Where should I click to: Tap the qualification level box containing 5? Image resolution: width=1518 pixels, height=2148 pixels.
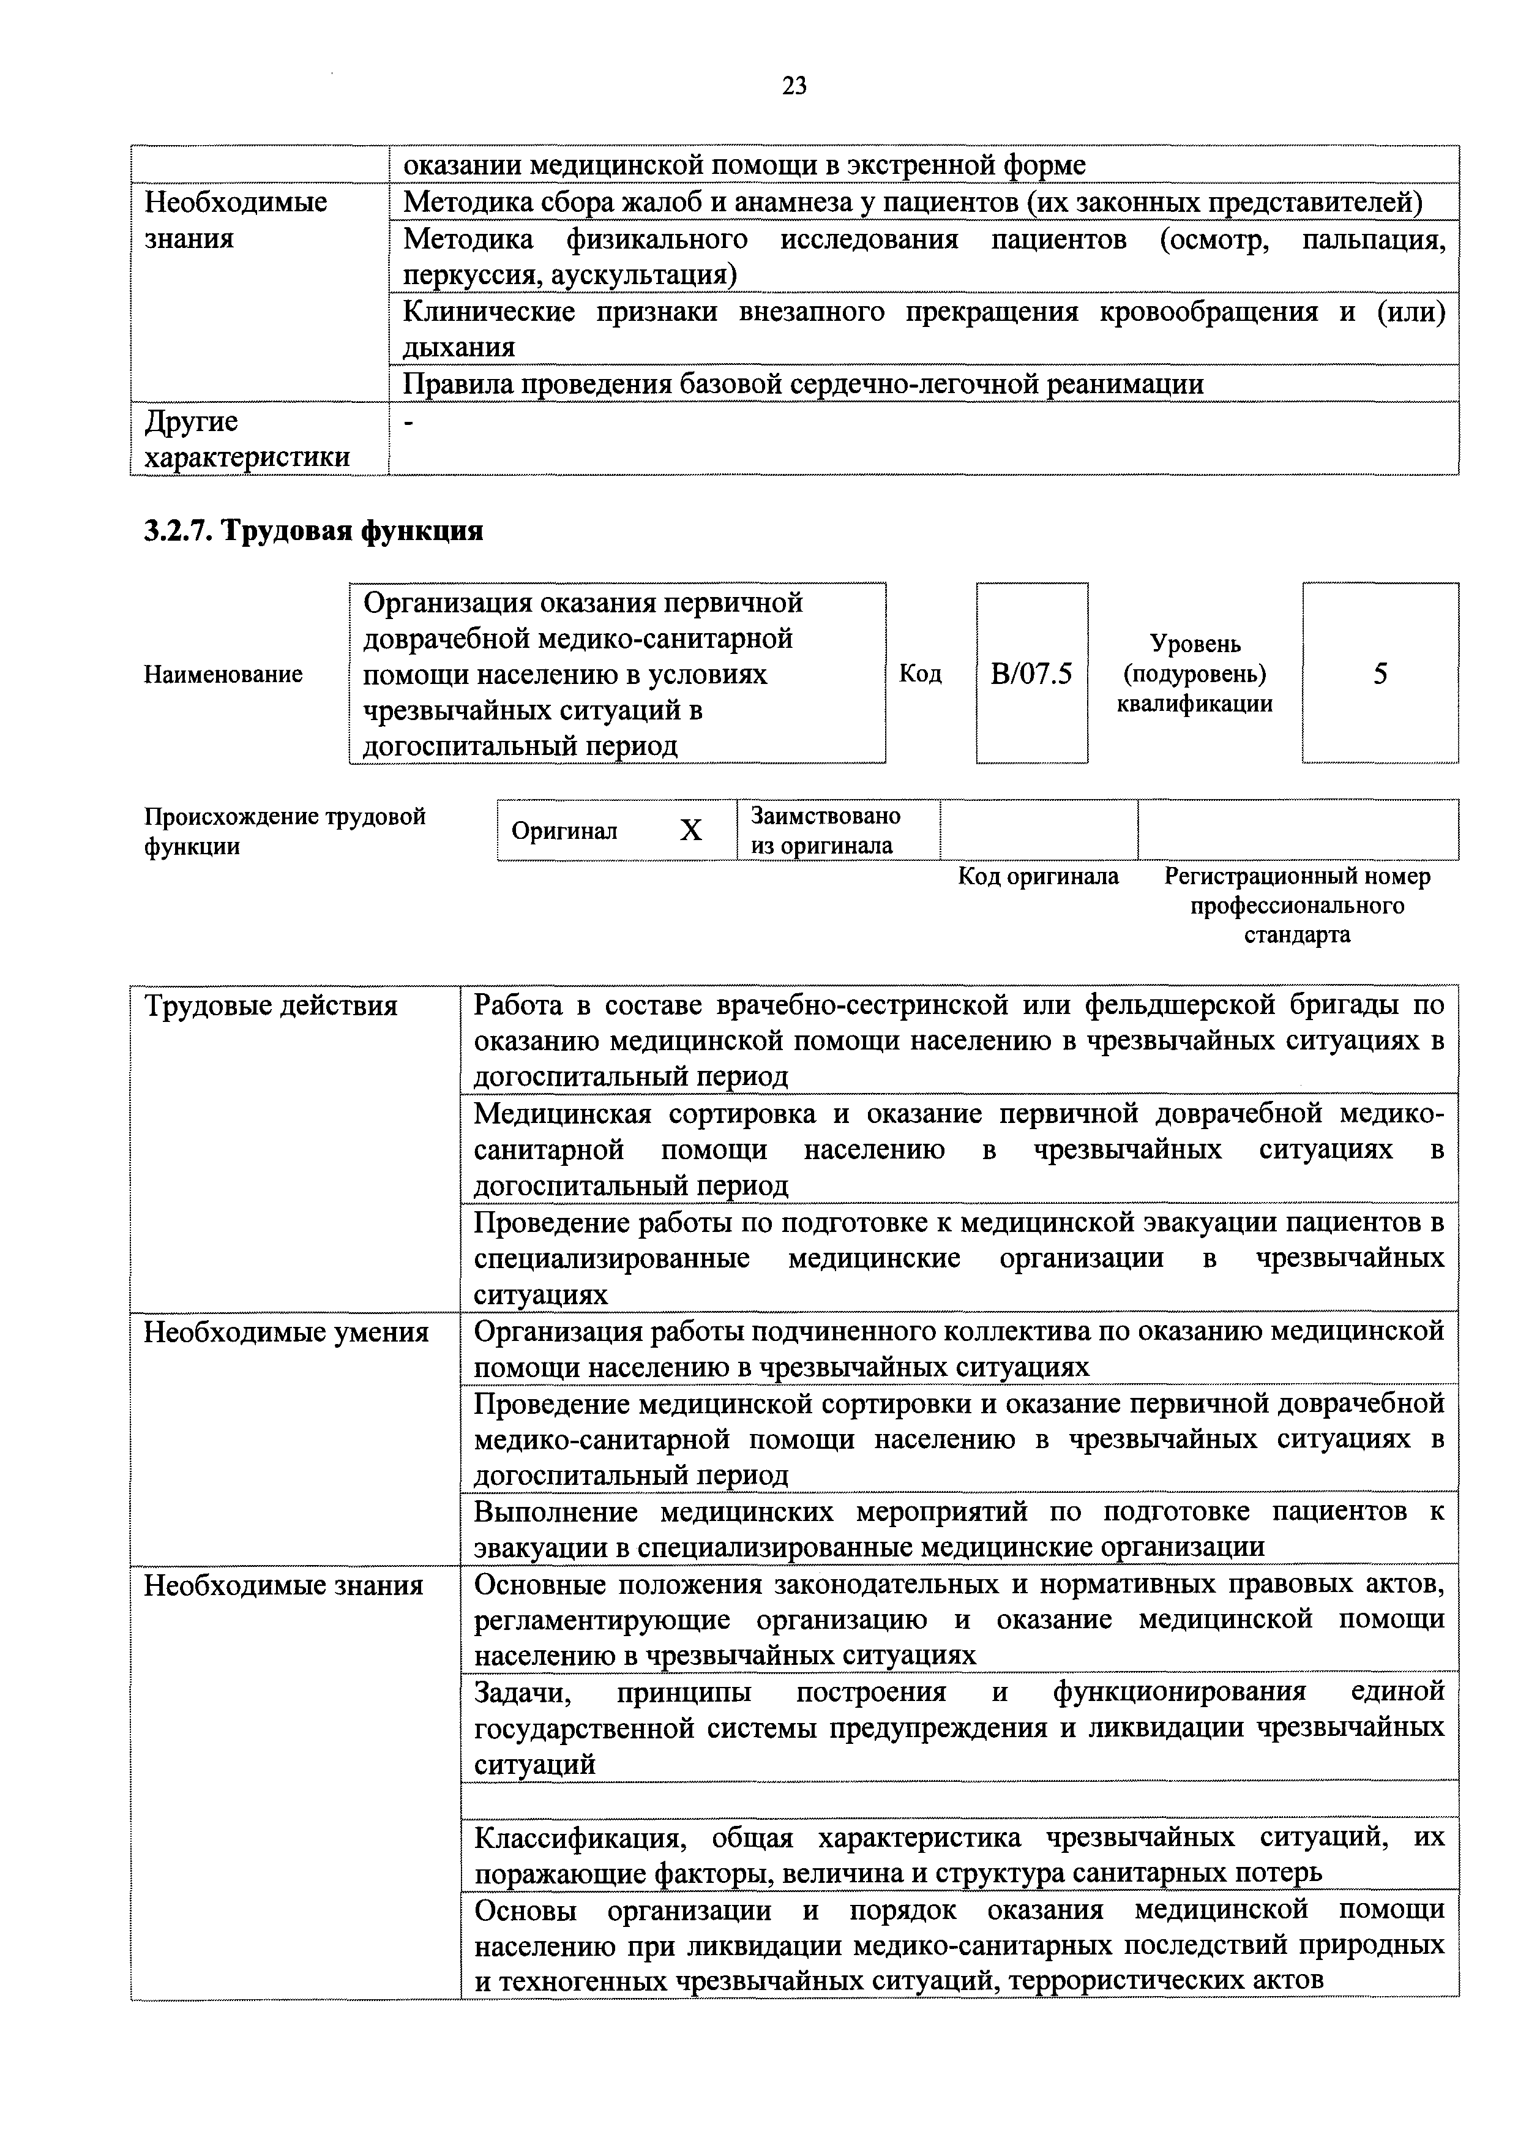point(1380,674)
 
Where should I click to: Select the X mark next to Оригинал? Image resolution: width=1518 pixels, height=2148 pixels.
point(690,830)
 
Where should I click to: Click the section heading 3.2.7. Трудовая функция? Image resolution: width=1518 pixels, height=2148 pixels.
point(313,530)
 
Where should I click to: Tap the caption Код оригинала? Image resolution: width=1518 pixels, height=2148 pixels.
point(1038,877)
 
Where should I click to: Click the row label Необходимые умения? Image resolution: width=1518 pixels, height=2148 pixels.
point(286,1331)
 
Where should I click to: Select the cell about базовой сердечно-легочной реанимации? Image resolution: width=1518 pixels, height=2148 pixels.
point(802,383)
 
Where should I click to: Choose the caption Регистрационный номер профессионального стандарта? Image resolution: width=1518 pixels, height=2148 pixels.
point(1296,904)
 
